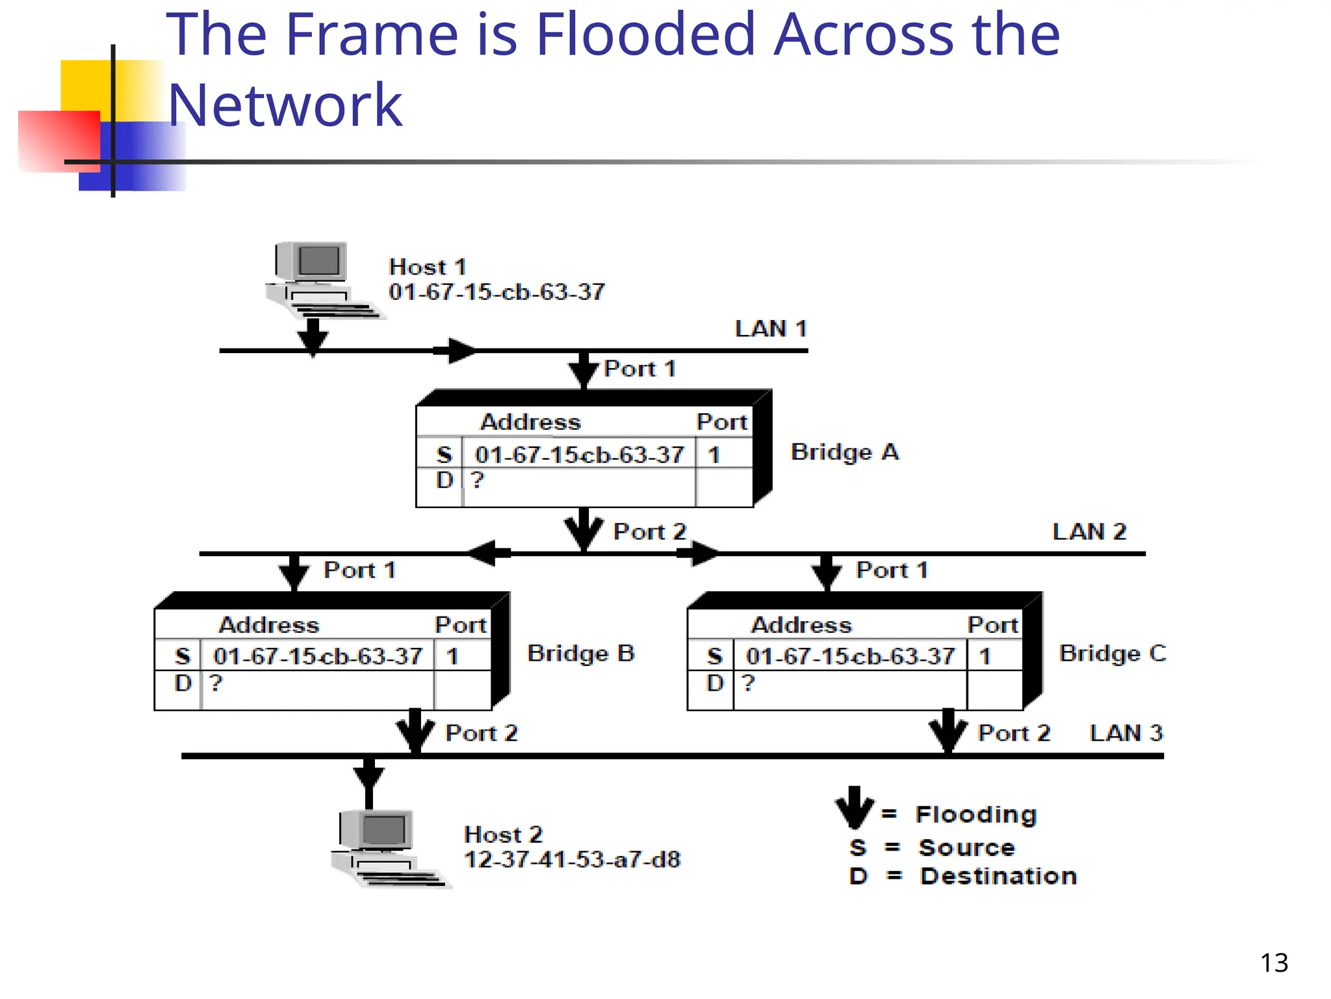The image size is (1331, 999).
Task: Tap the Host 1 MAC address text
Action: tap(497, 292)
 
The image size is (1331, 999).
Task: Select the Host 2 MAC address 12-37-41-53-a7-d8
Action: tap(572, 860)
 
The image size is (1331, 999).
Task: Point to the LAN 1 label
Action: tap(771, 329)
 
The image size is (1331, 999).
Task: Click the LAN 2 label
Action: tap(1089, 532)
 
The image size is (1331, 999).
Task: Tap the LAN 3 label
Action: tap(1126, 734)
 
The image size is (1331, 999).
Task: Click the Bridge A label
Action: tap(844, 452)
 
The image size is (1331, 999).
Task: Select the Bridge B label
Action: tap(580, 654)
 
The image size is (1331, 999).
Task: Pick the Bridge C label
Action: tap(1113, 654)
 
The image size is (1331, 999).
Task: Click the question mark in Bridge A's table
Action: tap(478, 480)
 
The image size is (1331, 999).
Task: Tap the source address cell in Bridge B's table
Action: tap(318, 656)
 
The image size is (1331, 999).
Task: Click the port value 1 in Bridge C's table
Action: tap(985, 656)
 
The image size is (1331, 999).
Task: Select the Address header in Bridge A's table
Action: tap(530, 422)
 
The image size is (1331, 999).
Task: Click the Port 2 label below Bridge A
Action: tap(650, 532)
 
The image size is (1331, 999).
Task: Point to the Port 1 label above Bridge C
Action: tap(892, 570)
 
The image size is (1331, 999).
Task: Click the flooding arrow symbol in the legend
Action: tap(854, 807)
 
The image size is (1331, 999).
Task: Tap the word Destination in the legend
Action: tap(998, 876)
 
